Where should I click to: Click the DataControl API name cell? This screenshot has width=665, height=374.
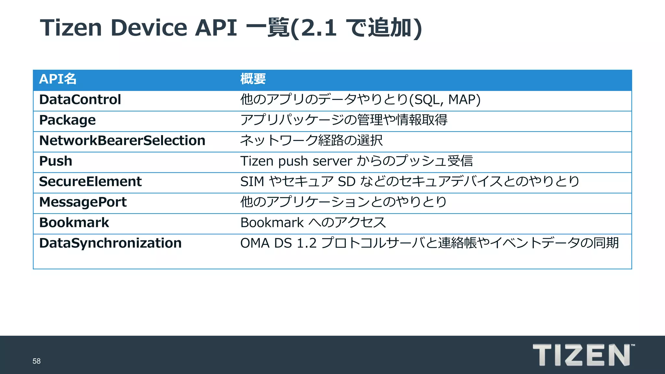tap(80, 100)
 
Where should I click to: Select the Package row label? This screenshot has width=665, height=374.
tap(67, 120)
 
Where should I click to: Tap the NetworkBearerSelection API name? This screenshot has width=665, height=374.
tap(122, 141)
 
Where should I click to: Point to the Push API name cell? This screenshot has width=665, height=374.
tap(56, 161)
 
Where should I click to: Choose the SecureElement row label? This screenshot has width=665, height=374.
tap(90, 181)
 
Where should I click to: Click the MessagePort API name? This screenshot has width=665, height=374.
tap(83, 202)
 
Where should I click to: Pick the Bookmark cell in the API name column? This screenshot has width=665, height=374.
tap(74, 223)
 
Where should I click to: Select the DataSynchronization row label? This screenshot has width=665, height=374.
tap(110, 243)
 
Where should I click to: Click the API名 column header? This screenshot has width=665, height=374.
tap(58, 79)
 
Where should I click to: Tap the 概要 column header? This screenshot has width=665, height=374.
tap(253, 79)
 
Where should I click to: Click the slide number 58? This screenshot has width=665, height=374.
tap(36, 361)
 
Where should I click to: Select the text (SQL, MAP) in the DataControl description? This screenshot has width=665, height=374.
tap(445, 100)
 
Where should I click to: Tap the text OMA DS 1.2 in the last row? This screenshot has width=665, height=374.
tap(278, 243)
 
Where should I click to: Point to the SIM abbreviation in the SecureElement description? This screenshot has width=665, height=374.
tap(252, 181)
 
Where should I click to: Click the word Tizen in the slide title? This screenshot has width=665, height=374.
tap(71, 28)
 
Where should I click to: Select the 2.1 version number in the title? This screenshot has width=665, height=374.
tap(319, 28)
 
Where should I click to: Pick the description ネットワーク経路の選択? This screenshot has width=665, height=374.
tap(311, 141)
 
